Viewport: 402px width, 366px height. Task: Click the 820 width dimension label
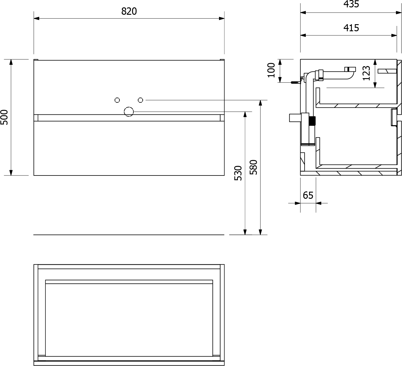pos(129,11)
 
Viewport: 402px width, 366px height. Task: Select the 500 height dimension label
pos(4,117)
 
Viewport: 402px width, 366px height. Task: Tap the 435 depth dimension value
pos(351,4)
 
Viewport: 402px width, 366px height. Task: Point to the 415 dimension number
pos(351,28)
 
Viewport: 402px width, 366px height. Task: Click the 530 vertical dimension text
pos(238,173)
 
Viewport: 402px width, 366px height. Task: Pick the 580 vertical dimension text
pos(253,167)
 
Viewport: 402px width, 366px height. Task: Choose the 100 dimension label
pos(271,70)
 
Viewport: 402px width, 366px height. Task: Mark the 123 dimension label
pos(366,73)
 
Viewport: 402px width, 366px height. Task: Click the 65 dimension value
pos(308,195)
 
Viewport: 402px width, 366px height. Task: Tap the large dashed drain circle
pos(129,112)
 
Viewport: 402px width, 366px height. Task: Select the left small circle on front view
pos(117,100)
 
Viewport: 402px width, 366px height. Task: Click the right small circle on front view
pos(140,100)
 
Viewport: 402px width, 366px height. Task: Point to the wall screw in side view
pos(295,82)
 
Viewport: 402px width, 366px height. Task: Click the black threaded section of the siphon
pos(312,121)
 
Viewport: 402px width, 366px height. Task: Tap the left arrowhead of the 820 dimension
pos(37,18)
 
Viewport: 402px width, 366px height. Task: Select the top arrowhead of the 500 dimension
pos(11,62)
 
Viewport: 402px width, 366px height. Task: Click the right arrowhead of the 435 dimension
pos(399,12)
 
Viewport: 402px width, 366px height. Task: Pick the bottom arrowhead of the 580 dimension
pos(260,232)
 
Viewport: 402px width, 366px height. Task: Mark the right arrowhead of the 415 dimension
pos(394,35)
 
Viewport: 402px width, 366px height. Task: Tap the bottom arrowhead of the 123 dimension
pos(375,85)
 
